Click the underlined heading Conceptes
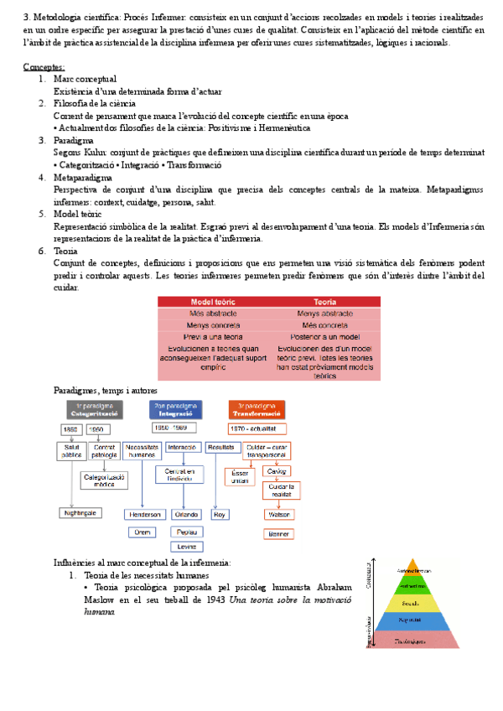click(x=44, y=66)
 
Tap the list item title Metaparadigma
click(x=84, y=177)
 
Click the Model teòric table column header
click(x=214, y=302)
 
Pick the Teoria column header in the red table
click(x=325, y=302)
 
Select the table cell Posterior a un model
click(x=325, y=335)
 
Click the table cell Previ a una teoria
click(x=214, y=335)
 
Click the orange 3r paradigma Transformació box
click(x=257, y=410)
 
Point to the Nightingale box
click(x=81, y=512)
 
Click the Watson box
click(x=277, y=514)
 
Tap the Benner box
click(x=277, y=533)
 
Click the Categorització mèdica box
click(x=103, y=480)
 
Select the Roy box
click(x=220, y=514)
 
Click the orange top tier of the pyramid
click(x=409, y=569)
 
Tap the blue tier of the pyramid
click(x=409, y=620)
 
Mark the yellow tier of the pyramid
click(x=409, y=602)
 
